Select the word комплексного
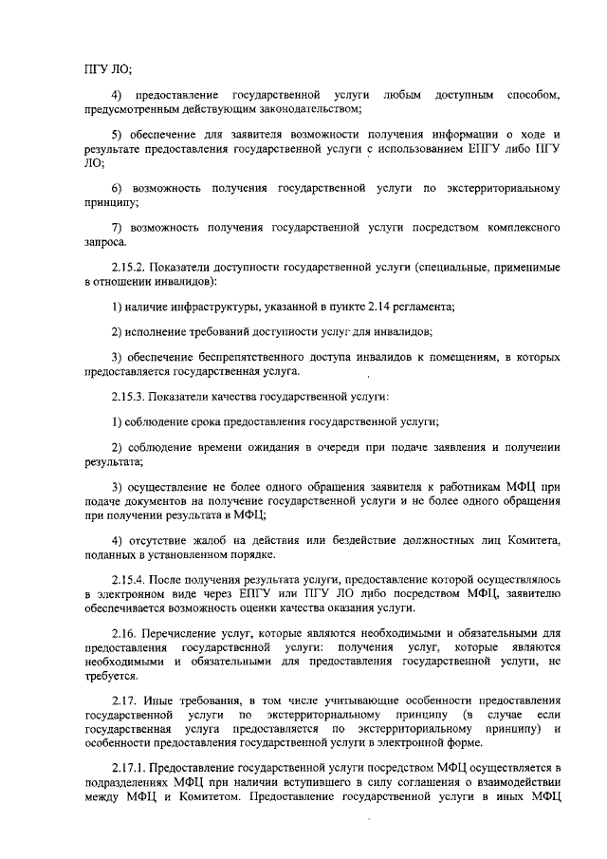[x=523, y=229]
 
